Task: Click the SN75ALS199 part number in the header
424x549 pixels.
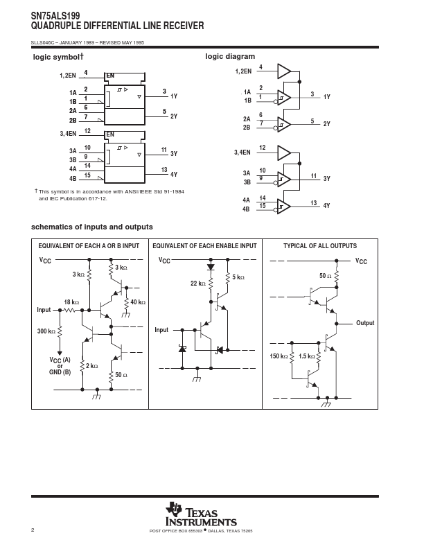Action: [55, 16]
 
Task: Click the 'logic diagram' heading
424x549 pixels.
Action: [230, 57]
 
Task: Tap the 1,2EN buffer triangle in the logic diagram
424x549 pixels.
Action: [284, 71]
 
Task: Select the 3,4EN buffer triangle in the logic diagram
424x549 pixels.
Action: [284, 152]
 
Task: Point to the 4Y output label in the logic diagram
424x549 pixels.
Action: [326, 206]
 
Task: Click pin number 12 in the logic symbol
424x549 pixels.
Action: [87, 131]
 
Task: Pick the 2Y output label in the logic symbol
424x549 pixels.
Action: [174, 116]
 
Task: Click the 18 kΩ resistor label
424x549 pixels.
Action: [71, 302]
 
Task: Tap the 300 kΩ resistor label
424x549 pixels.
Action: [46, 331]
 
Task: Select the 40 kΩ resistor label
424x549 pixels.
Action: [138, 302]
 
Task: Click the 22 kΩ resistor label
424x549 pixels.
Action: [198, 284]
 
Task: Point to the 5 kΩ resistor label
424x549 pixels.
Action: [238, 277]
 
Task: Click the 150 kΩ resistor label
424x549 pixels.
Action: [279, 356]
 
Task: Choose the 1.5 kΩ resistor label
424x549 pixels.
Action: [307, 356]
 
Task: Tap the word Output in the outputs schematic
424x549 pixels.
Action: [365, 323]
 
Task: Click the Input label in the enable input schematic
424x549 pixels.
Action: [161, 330]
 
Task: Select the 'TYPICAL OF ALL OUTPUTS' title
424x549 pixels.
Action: [320, 246]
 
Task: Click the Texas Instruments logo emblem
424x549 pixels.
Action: [174, 509]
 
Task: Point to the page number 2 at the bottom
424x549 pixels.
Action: [33, 530]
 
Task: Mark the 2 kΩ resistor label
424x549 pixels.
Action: [92, 366]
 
